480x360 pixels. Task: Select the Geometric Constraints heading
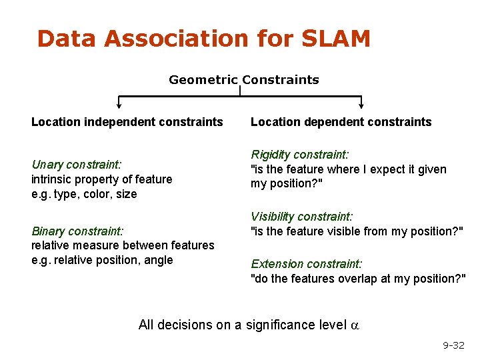(x=243, y=80)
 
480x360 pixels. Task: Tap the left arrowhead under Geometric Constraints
(x=119, y=103)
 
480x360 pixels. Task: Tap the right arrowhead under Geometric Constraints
(x=361, y=103)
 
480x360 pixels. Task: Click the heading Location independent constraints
(x=127, y=122)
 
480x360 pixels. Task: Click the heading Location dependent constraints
(x=341, y=122)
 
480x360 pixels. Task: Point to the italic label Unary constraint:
(x=76, y=165)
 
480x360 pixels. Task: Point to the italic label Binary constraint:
(x=77, y=231)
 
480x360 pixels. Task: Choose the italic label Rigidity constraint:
(x=299, y=155)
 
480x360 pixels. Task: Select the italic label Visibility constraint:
(x=301, y=217)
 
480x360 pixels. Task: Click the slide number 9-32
(x=453, y=345)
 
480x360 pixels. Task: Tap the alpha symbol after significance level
(x=355, y=326)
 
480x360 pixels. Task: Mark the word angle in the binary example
(x=159, y=260)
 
